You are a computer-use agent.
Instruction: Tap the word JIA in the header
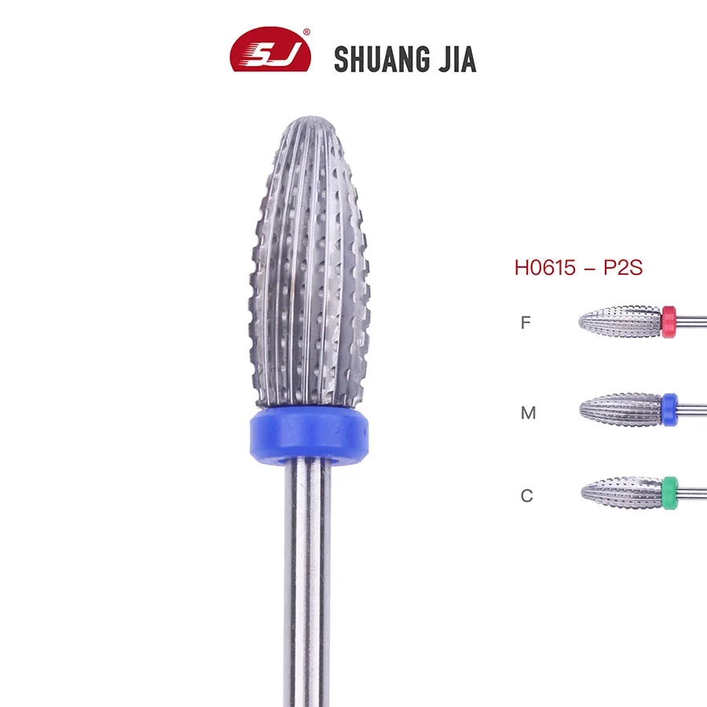[x=453, y=59]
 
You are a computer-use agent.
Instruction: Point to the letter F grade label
[x=526, y=322]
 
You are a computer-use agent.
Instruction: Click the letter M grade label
[x=528, y=412]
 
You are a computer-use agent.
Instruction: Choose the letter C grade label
[x=526, y=496]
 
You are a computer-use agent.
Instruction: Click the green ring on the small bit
[x=669, y=493]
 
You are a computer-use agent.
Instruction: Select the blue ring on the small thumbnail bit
[x=669, y=409]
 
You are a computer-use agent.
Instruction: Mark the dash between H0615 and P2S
[x=589, y=267]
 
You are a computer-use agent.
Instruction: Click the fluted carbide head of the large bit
[x=309, y=267]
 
